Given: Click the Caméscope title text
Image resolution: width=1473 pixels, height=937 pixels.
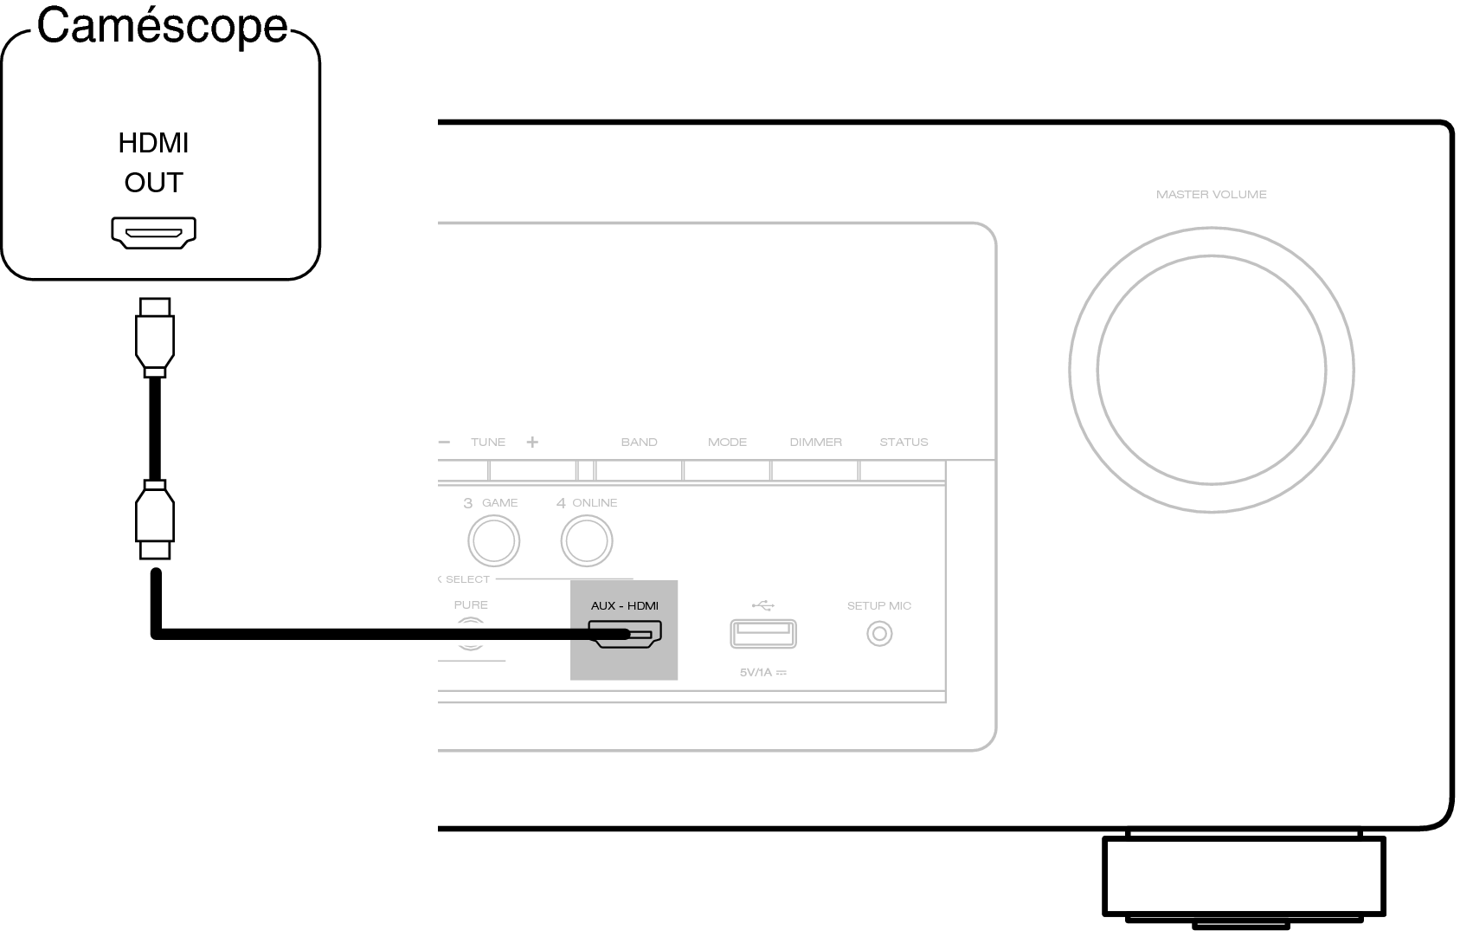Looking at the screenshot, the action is [x=163, y=26].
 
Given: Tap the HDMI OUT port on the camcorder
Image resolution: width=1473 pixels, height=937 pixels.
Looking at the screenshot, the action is [x=154, y=233].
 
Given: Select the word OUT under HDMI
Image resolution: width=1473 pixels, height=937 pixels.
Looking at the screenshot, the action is [x=154, y=183].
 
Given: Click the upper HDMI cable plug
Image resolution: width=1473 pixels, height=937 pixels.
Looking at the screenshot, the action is [x=155, y=338].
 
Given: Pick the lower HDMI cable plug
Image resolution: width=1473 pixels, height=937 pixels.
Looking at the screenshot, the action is [x=155, y=520].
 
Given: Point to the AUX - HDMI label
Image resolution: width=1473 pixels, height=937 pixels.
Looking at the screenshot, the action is [x=625, y=606].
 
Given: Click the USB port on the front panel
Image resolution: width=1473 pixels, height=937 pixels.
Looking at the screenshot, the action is [x=763, y=634].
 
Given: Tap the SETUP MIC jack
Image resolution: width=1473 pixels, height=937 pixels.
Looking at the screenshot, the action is [x=879, y=634].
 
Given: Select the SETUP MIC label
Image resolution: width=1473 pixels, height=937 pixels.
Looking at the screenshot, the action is [x=879, y=606].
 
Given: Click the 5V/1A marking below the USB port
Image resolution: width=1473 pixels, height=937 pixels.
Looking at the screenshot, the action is [x=763, y=673].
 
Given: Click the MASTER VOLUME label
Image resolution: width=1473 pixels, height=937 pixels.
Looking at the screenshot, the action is [x=1212, y=195].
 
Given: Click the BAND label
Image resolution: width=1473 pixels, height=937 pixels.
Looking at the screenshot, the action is [x=640, y=443].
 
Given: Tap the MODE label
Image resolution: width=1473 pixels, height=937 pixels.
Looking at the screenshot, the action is [x=727, y=443].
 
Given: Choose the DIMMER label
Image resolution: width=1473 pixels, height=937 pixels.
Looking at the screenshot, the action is [x=816, y=443].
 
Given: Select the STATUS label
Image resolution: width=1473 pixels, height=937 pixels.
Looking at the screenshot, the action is [x=904, y=443].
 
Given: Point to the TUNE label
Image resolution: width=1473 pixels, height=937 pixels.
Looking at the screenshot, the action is [x=488, y=443].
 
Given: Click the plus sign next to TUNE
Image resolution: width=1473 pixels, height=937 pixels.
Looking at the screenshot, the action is [x=532, y=443].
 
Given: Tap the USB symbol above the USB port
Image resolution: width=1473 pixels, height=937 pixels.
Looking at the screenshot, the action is [x=763, y=605].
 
